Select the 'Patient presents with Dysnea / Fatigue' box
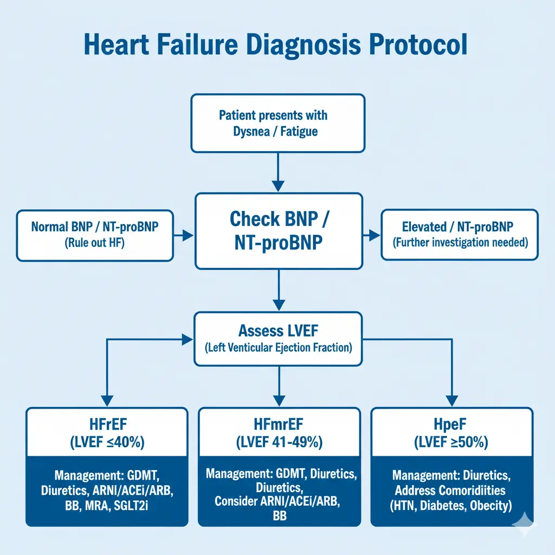[278, 124]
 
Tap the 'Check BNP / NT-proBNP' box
[278, 231]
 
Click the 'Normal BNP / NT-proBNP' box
[95, 234]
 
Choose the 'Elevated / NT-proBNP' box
[460, 234]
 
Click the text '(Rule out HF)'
[95, 243]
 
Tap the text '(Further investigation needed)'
[460, 242]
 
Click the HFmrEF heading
[279, 424]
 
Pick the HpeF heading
[451, 424]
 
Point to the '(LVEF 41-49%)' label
[279, 442]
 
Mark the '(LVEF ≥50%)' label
[451, 442]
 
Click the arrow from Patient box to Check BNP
[278, 172]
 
